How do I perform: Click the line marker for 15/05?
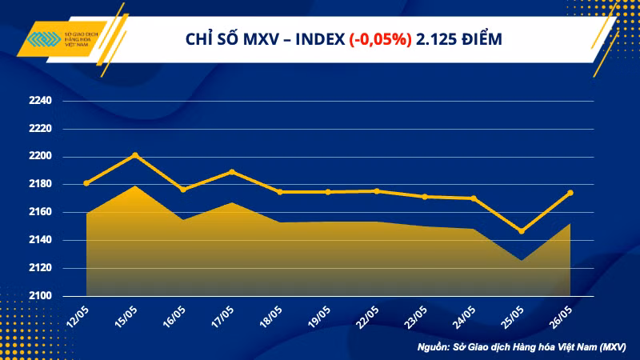tap(134, 154)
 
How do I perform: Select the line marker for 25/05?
tap(522, 231)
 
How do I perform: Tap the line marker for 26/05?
tap(570, 193)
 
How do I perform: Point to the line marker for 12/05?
tap(86, 183)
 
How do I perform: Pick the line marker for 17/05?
tap(231, 171)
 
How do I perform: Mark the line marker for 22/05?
tap(376, 191)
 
